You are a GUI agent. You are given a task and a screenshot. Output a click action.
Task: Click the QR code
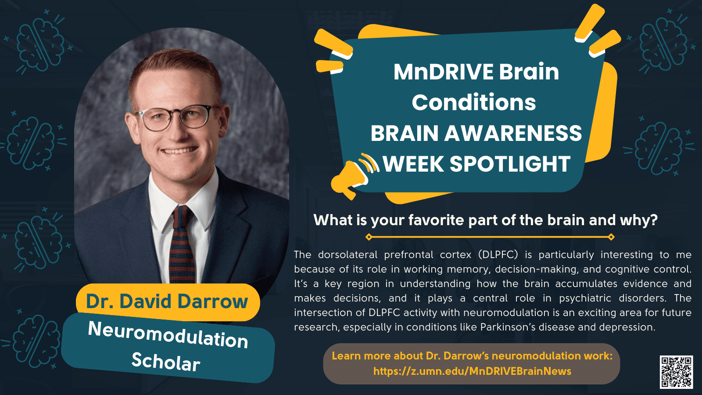(676, 372)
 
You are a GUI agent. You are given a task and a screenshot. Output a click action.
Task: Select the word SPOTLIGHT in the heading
(510, 164)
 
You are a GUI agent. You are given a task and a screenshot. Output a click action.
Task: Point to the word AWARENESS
(513, 133)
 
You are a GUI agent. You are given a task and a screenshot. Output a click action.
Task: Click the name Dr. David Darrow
(167, 301)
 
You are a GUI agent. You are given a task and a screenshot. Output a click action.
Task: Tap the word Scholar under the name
(166, 362)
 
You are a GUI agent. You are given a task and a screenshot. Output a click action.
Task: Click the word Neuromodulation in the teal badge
(168, 334)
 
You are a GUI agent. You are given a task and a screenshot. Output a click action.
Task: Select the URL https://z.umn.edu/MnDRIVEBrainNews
(472, 371)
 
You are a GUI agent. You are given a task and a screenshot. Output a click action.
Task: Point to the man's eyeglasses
(175, 117)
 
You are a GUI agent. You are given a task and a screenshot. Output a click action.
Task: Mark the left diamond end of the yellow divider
(369, 237)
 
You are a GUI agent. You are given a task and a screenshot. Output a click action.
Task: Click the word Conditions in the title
(474, 103)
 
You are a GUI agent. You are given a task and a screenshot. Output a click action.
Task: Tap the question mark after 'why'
(654, 220)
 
